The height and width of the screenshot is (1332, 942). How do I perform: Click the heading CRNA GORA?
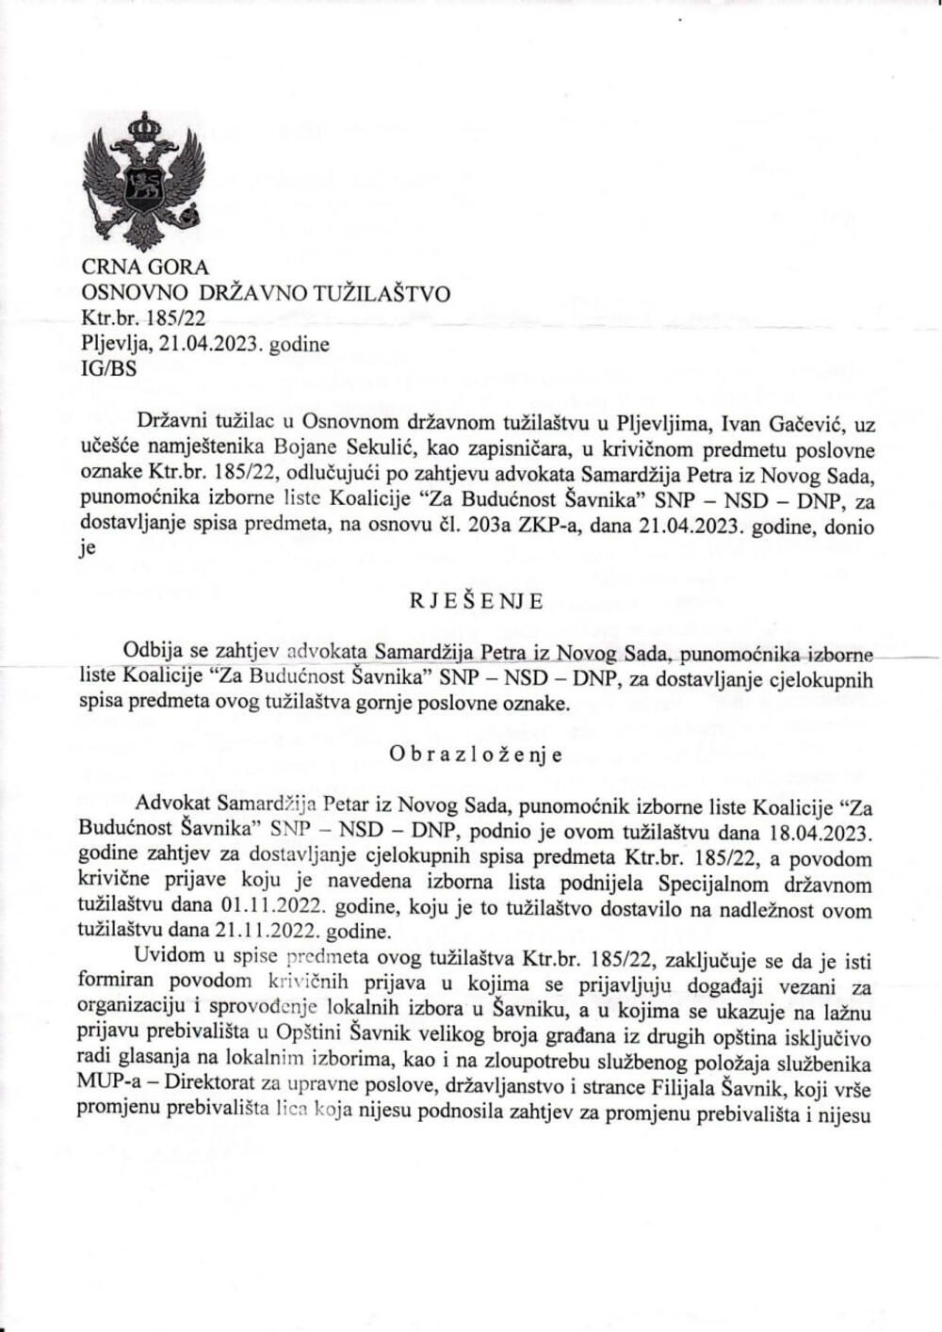(145, 268)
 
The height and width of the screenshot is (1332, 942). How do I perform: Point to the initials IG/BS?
(109, 368)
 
